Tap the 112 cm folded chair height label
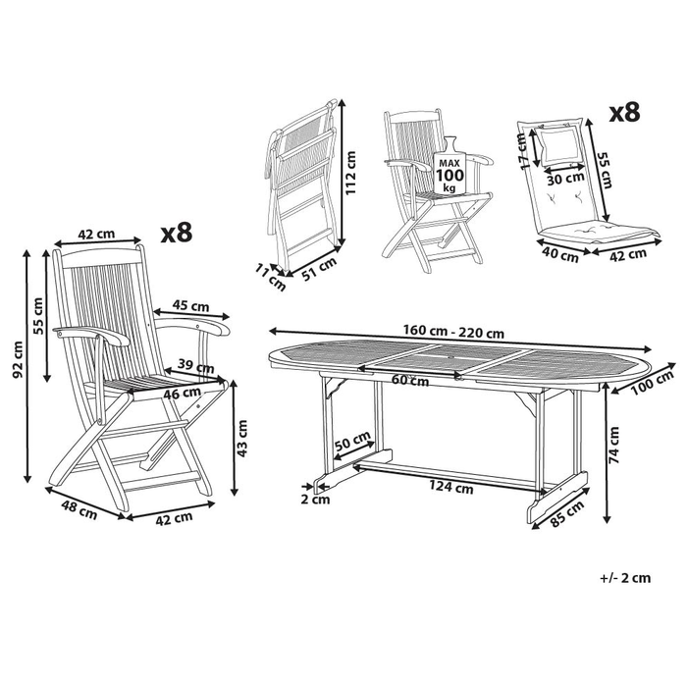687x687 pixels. pos(351,173)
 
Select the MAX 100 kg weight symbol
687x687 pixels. pos(449,167)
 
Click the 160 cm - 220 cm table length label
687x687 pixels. pos(453,331)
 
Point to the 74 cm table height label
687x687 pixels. pos(613,445)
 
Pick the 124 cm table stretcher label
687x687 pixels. pos(450,487)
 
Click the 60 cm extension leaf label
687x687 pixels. pos(409,380)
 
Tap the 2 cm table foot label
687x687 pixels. pos(315,499)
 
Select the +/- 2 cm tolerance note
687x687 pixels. pos(625,578)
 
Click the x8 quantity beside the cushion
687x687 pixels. pos(625,113)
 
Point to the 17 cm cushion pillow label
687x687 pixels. pos(522,151)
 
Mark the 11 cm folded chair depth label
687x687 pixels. pos(271,278)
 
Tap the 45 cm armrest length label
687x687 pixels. pos(191,305)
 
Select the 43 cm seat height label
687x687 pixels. pos(241,439)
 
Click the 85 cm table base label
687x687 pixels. pos(567,513)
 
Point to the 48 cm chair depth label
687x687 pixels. pos(79,511)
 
